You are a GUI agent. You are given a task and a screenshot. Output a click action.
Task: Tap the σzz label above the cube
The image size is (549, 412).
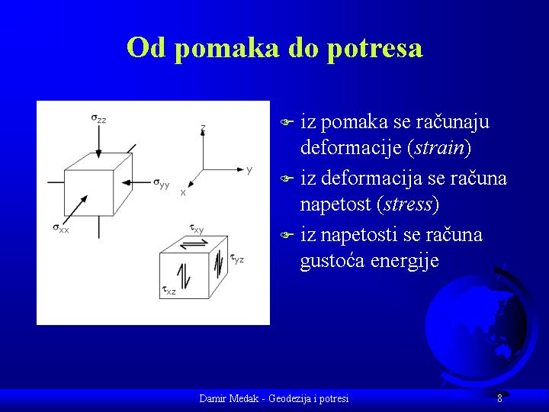pyautogui.click(x=98, y=118)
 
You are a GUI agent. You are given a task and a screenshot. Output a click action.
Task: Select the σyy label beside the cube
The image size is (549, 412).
pyautogui.click(x=162, y=183)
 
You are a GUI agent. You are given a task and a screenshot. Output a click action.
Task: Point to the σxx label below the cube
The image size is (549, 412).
pyautogui.click(x=61, y=228)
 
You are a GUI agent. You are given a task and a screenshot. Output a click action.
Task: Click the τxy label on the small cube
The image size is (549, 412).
pyautogui.click(x=197, y=229)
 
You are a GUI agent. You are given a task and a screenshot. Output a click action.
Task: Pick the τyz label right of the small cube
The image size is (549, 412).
pyautogui.click(x=236, y=259)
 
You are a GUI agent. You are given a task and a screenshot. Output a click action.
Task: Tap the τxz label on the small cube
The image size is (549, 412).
pyautogui.click(x=169, y=290)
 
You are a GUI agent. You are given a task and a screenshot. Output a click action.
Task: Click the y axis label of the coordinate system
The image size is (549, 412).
pyautogui.click(x=249, y=170)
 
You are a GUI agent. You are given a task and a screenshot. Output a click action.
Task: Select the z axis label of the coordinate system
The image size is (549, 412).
pyautogui.click(x=203, y=127)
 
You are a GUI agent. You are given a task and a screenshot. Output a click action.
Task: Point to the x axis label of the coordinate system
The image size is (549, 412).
pyautogui.click(x=183, y=192)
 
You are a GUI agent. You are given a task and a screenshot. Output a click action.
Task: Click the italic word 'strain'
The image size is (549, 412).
pyautogui.click(x=439, y=147)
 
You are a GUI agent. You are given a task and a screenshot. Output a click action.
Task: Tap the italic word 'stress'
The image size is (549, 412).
pyautogui.click(x=408, y=204)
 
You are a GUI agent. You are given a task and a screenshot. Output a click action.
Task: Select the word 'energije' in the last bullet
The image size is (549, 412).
pyautogui.click(x=405, y=262)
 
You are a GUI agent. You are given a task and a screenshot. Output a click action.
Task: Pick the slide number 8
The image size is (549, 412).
pyautogui.click(x=499, y=398)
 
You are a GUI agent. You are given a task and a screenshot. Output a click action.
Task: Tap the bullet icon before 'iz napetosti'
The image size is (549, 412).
pyautogui.click(x=287, y=235)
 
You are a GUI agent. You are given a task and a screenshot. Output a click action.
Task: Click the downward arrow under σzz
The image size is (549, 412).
pyautogui.click(x=98, y=142)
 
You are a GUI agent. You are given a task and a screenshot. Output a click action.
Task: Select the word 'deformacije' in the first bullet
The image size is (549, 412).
pyautogui.click(x=351, y=148)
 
